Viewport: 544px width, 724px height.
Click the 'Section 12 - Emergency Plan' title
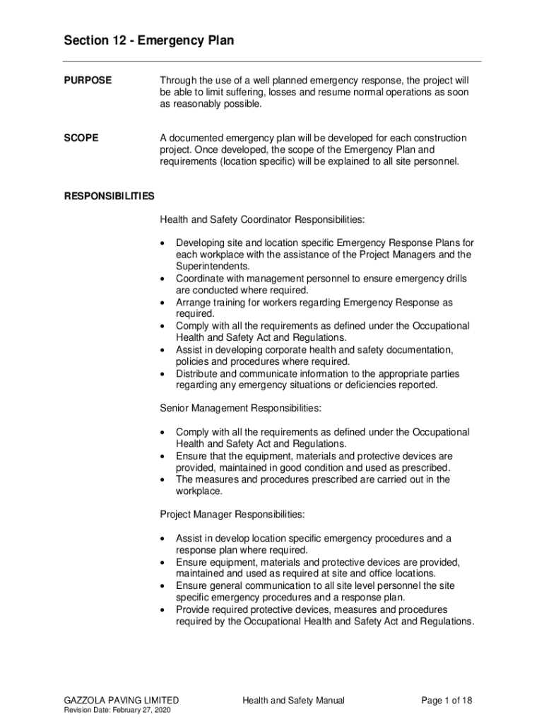(148, 41)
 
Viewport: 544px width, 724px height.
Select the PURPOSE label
(88, 81)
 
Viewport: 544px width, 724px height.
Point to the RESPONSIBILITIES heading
(110, 196)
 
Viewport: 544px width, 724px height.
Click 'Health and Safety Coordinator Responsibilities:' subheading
(262, 219)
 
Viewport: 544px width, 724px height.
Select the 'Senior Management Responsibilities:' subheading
(240, 408)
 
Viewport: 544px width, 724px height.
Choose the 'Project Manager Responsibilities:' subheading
(232, 514)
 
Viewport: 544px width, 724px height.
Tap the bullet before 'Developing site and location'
(164, 243)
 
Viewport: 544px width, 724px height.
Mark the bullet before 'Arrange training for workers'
(164, 303)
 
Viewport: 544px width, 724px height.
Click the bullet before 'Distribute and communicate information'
(164, 374)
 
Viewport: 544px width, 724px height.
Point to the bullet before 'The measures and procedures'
(164, 480)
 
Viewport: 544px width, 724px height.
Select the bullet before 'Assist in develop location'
(164, 539)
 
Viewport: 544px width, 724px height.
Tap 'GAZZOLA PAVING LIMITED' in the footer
(117, 701)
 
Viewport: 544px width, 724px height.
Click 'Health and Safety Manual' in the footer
(293, 701)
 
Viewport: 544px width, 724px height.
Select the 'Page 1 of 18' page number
(447, 701)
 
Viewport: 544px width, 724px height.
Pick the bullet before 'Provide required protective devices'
(164, 609)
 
